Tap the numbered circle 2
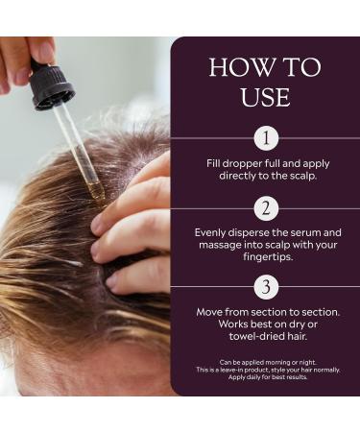[x=266, y=208]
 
